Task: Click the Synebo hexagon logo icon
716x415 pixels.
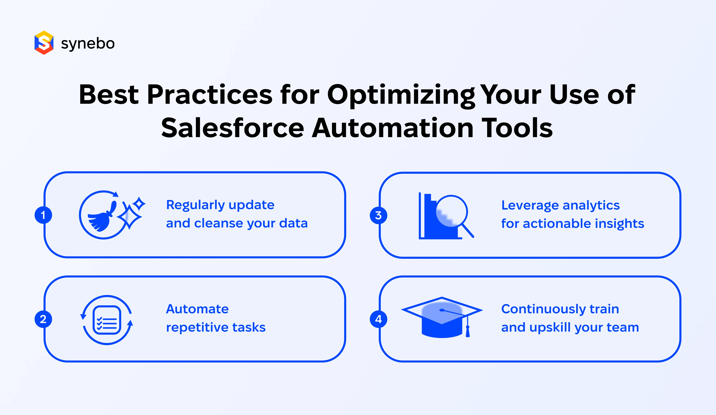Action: (44, 43)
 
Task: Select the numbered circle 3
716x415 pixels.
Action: (378, 215)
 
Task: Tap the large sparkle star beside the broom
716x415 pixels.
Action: (129, 217)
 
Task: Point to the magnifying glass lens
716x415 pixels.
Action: (451, 211)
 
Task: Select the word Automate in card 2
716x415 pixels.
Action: (197, 309)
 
